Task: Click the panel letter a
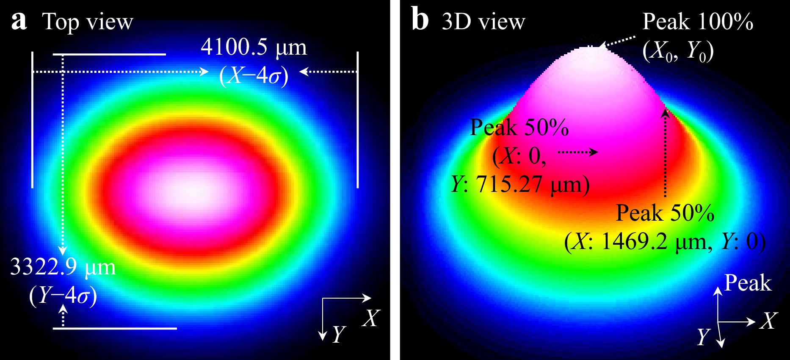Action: (19, 21)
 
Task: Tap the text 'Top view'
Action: (88, 22)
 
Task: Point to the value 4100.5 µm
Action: (253, 47)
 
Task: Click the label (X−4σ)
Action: (254, 76)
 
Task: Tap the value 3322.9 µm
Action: (63, 267)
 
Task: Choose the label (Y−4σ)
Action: (63, 295)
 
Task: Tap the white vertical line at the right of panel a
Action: (358, 119)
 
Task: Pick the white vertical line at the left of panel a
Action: (33, 119)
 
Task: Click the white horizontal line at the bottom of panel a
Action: (115, 328)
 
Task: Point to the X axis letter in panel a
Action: (371, 318)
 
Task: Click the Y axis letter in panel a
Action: (339, 334)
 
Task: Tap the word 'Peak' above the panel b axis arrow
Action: (748, 283)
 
